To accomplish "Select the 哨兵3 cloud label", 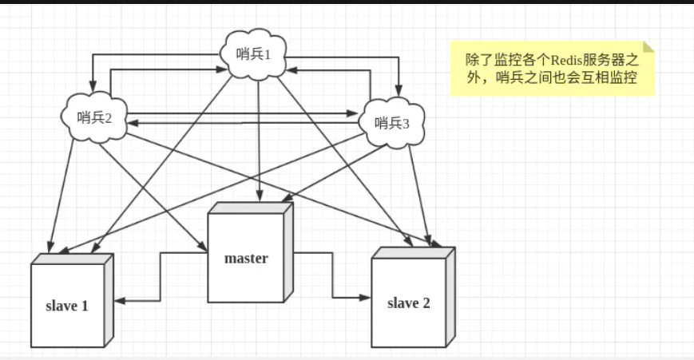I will click(x=391, y=122).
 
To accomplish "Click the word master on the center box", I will click(x=246, y=258).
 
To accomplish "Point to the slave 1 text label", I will click(x=67, y=306).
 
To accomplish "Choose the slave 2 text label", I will click(x=408, y=303).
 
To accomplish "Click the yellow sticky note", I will click(x=552, y=69).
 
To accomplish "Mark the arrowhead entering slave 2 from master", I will click(x=367, y=298).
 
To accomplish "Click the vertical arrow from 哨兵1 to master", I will click(x=258, y=136).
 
